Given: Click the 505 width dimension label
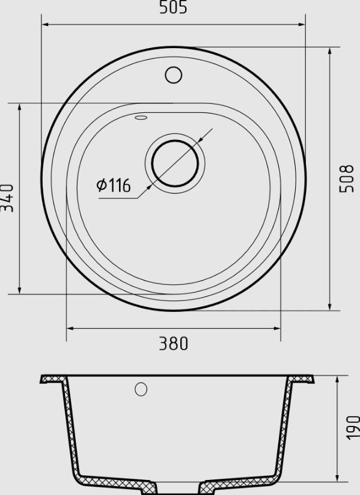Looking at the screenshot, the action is (x=173, y=7).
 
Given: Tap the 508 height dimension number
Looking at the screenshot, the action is (x=347, y=178).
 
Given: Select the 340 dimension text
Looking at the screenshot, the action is (x=7, y=198).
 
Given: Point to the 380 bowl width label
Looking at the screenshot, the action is (x=173, y=344).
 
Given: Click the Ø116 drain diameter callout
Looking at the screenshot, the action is (x=114, y=185).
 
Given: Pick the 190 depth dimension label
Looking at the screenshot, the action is (x=353, y=428).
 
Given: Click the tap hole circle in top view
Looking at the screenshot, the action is (x=173, y=75).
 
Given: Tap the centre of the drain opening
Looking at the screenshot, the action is (x=175, y=163).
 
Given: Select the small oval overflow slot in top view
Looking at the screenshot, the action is (x=141, y=117).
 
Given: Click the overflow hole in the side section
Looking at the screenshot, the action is (x=141, y=389).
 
